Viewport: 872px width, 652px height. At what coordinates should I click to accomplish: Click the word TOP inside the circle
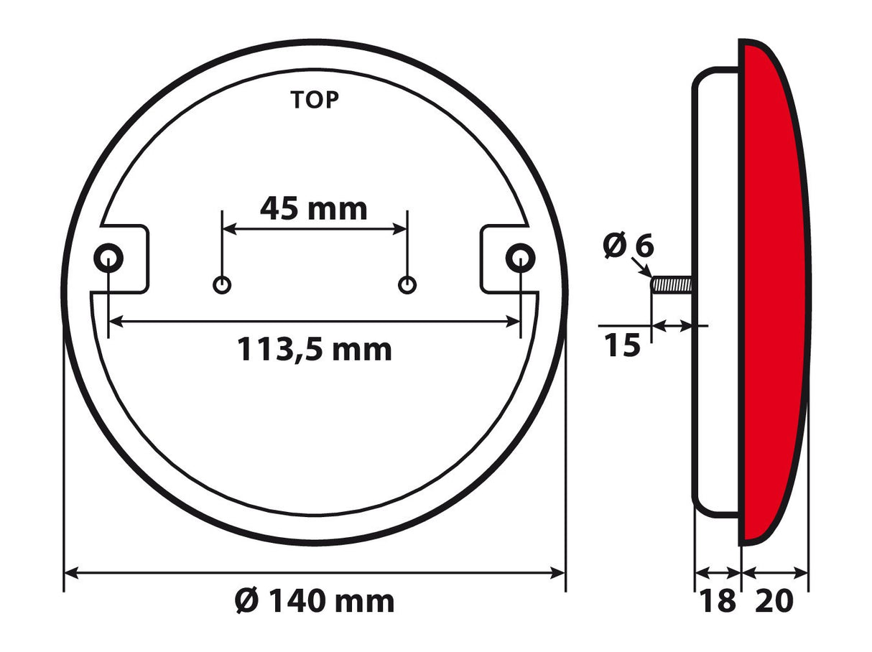coord(315,101)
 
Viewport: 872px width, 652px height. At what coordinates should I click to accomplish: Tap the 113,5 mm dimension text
coord(315,350)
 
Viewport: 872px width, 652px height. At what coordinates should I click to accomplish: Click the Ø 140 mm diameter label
coord(315,600)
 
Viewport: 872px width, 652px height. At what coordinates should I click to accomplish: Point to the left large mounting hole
coord(108,257)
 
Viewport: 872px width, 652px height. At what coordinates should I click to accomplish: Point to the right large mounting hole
coord(519,257)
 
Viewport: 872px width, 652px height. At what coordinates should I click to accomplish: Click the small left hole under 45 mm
coord(223,285)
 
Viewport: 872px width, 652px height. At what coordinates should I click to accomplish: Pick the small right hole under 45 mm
coord(407,285)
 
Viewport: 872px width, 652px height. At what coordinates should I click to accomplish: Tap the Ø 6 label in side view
coord(629,246)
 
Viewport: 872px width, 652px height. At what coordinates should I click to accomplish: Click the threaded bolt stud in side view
coord(671,285)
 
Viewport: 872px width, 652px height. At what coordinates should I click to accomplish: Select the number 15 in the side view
coord(621,346)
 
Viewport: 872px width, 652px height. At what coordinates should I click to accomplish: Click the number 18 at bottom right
coord(718,600)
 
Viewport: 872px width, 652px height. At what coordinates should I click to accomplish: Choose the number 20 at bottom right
coord(774,600)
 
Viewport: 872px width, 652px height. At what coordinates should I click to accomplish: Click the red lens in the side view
coord(772,287)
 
